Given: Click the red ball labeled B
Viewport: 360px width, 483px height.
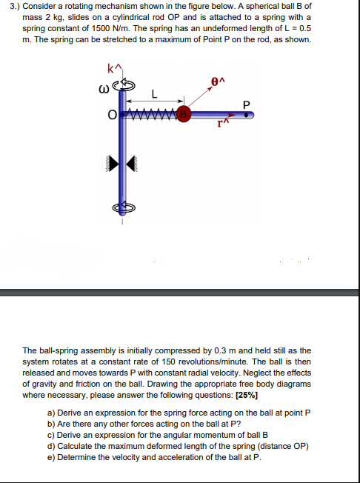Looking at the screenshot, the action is (x=183, y=115).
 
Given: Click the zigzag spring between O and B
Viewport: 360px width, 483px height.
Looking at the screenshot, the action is (x=154, y=115).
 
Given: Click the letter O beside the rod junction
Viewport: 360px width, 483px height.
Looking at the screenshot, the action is (x=112, y=115).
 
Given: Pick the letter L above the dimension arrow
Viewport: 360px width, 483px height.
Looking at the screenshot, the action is (x=153, y=94).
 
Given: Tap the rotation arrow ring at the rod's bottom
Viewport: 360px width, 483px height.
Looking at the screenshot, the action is (x=124, y=209).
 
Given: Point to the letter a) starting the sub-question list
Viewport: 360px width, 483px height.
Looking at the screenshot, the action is (x=51, y=413).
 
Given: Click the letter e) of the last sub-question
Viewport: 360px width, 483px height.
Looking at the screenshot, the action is (x=51, y=457).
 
